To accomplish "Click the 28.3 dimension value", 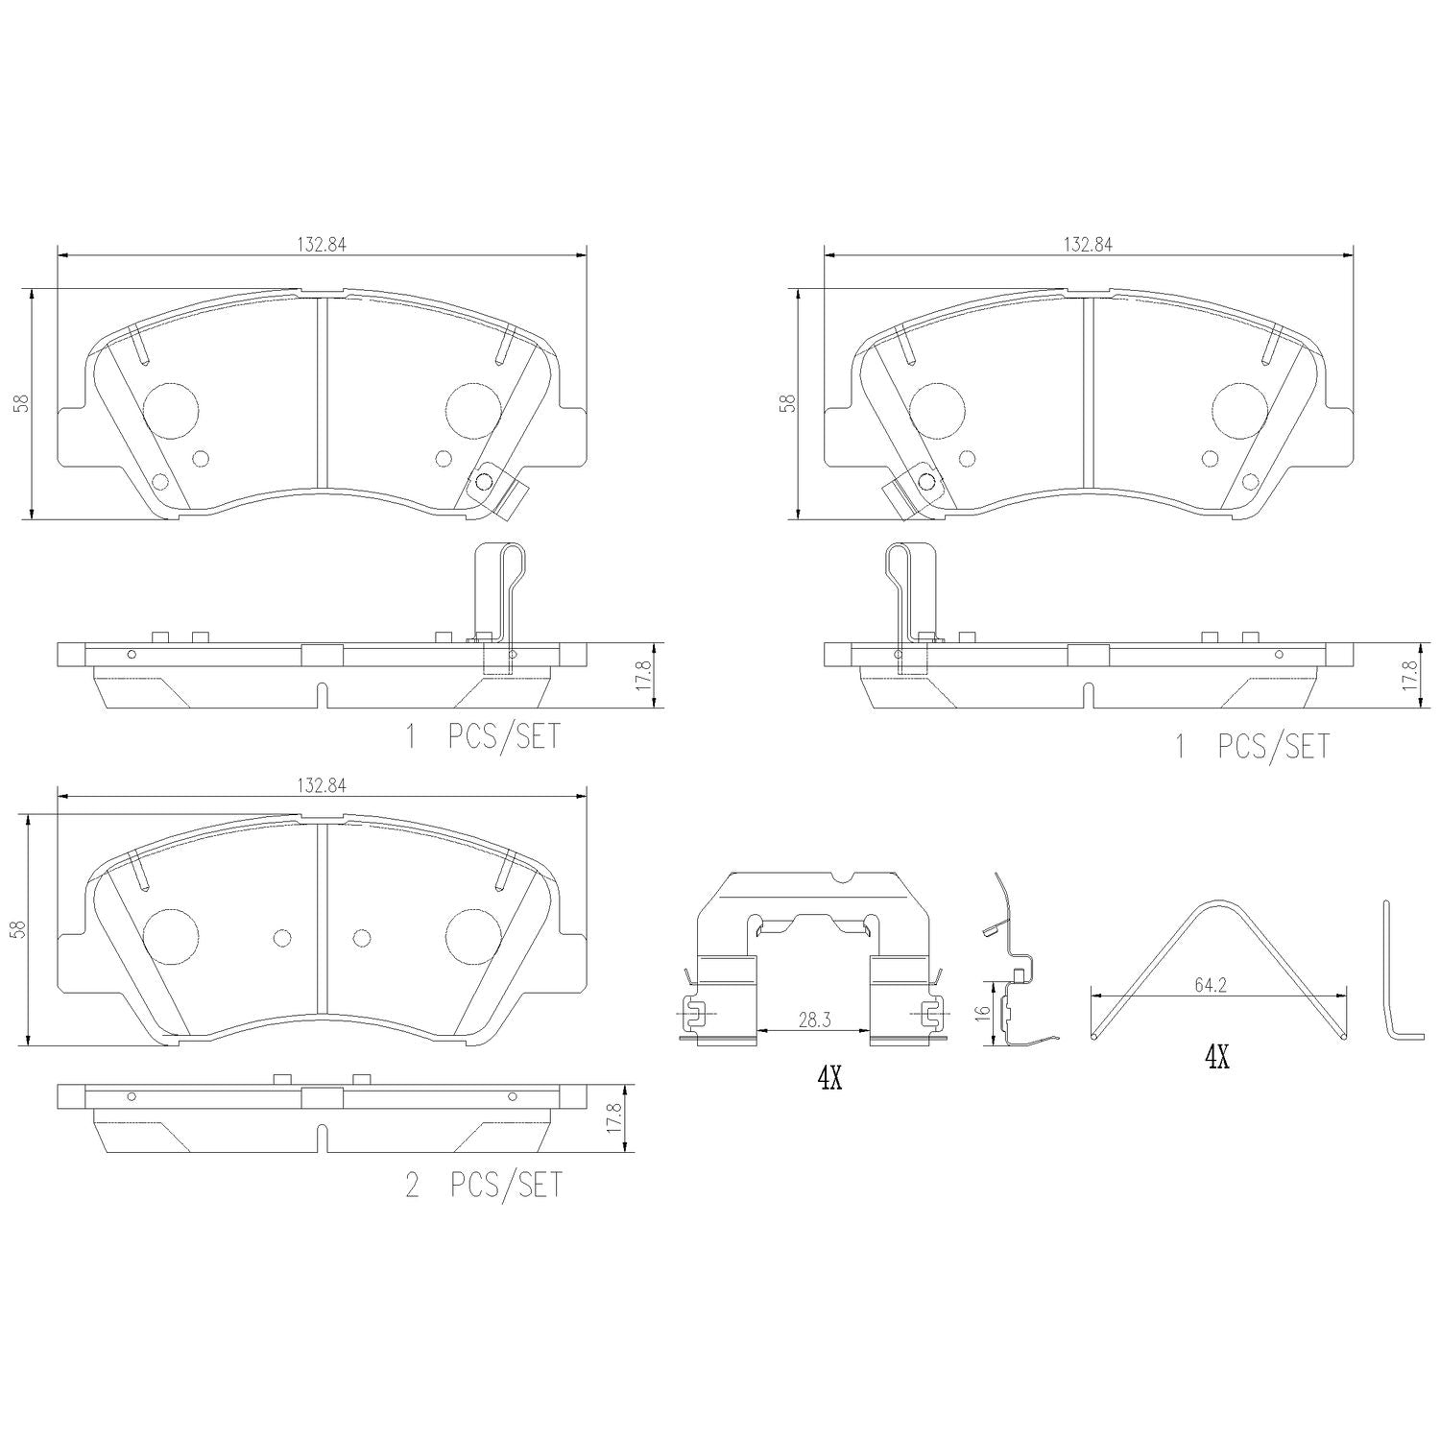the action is [813, 1020].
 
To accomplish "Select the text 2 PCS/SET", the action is [484, 1186].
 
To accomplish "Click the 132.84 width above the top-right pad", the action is [1087, 244].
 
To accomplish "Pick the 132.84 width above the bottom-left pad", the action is [321, 785].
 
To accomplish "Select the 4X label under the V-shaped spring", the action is [1216, 1058].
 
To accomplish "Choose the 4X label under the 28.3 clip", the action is [829, 1079].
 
